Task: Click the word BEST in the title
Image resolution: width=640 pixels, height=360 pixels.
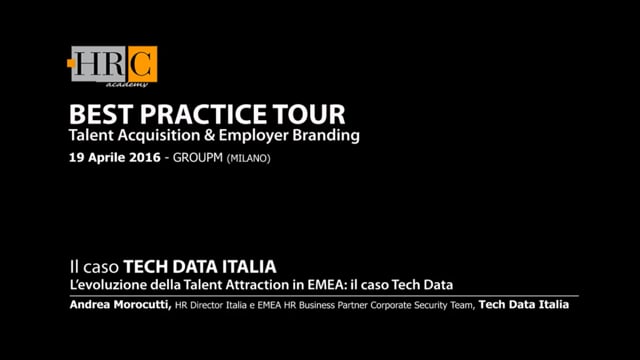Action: [x=96, y=112]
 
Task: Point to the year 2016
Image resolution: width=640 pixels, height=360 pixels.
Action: [x=145, y=158]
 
